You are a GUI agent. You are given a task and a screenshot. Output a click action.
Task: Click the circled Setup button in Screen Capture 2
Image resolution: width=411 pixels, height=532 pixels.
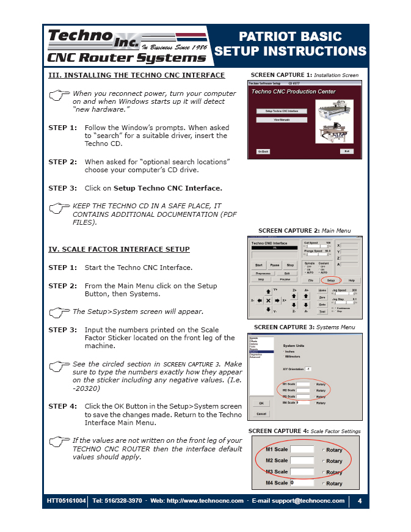pyautogui.click(x=331, y=280)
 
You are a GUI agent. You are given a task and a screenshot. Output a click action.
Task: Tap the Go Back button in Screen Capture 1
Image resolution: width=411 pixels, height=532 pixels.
pyautogui.click(x=263, y=151)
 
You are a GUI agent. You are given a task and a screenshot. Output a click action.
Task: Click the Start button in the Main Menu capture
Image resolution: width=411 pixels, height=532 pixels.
pyautogui.click(x=259, y=265)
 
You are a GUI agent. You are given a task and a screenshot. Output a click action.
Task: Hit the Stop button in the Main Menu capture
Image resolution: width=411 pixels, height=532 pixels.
pyautogui.click(x=290, y=265)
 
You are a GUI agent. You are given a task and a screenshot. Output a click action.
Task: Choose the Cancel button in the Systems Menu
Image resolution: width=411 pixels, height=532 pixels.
pyautogui.click(x=261, y=414)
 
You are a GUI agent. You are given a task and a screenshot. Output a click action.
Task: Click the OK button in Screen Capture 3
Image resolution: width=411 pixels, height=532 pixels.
pyautogui.click(x=261, y=403)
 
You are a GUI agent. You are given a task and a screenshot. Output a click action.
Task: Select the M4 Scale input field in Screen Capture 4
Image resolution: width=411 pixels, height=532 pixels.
pyautogui.click(x=302, y=483)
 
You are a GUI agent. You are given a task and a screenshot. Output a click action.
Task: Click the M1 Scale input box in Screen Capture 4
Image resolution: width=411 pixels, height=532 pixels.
pyautogui.click(x=302, y=450)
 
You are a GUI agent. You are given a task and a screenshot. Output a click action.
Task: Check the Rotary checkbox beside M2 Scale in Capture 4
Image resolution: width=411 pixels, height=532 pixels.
pyautogui.click(x=323, y=461)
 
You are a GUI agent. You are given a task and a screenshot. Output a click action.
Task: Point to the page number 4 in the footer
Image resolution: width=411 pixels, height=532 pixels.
pyautogui.click(x=360, y=501)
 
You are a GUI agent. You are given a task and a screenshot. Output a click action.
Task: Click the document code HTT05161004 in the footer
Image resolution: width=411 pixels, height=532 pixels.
pyautogui.click(x=67, y=501)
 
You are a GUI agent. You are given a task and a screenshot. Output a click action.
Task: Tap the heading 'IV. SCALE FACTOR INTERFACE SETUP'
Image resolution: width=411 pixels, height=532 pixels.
pyautogui.click(x=119, y=249)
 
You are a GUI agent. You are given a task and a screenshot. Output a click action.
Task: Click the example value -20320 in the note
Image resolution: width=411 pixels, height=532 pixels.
pyautogui.click(x=87, y=388)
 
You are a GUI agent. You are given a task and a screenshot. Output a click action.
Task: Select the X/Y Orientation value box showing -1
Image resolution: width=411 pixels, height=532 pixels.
pyautogui.click(x=308, y=369)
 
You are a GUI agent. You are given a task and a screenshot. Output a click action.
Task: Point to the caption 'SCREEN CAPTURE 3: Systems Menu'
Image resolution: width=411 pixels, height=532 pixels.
pyautogui.click(x=304, y=327)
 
